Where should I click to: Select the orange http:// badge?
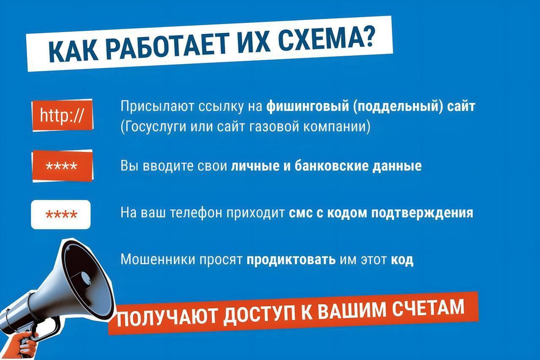tap(62, 115)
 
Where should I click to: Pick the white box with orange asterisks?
tap(61, 215)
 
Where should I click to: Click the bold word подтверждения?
tap(422, 213)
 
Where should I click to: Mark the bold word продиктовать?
tap(291, 259)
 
